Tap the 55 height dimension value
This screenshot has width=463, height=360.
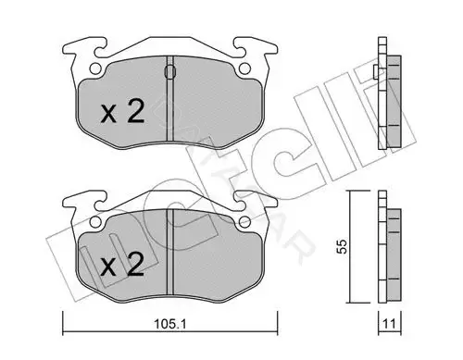[x=342, y=246]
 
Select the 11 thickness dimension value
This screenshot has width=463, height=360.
[x=389, y=324]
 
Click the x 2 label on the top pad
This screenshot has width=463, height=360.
[x=123, y=112]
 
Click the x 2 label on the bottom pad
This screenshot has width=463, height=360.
[x=123, y=265]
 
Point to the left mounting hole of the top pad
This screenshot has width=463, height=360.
[x=95, y=68]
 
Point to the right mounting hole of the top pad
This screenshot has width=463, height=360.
[x=244, y=68]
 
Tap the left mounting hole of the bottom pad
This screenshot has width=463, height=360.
[x=95, y=221]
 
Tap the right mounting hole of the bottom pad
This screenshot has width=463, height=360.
[x=244, y=221]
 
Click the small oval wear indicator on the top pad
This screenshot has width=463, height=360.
[x=169, y=72]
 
